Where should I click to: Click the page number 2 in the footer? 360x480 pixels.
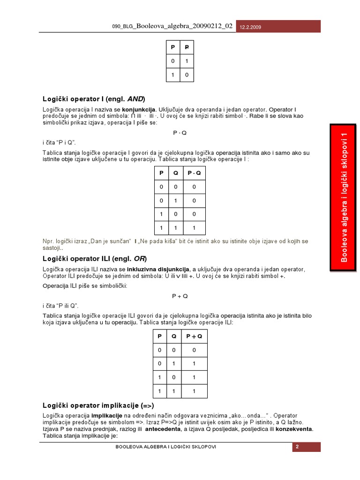click(297, 447)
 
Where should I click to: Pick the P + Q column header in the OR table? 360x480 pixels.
click(194, 336)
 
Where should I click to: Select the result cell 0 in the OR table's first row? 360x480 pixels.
click(194, 350)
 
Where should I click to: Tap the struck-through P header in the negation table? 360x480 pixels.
click(186, 48)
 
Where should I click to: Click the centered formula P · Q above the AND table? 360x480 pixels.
click(180, 133)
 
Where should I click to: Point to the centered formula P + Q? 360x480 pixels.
click(180, 296)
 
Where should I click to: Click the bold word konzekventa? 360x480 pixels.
click(294, 429)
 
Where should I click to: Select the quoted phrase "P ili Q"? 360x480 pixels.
click(64, 306)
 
